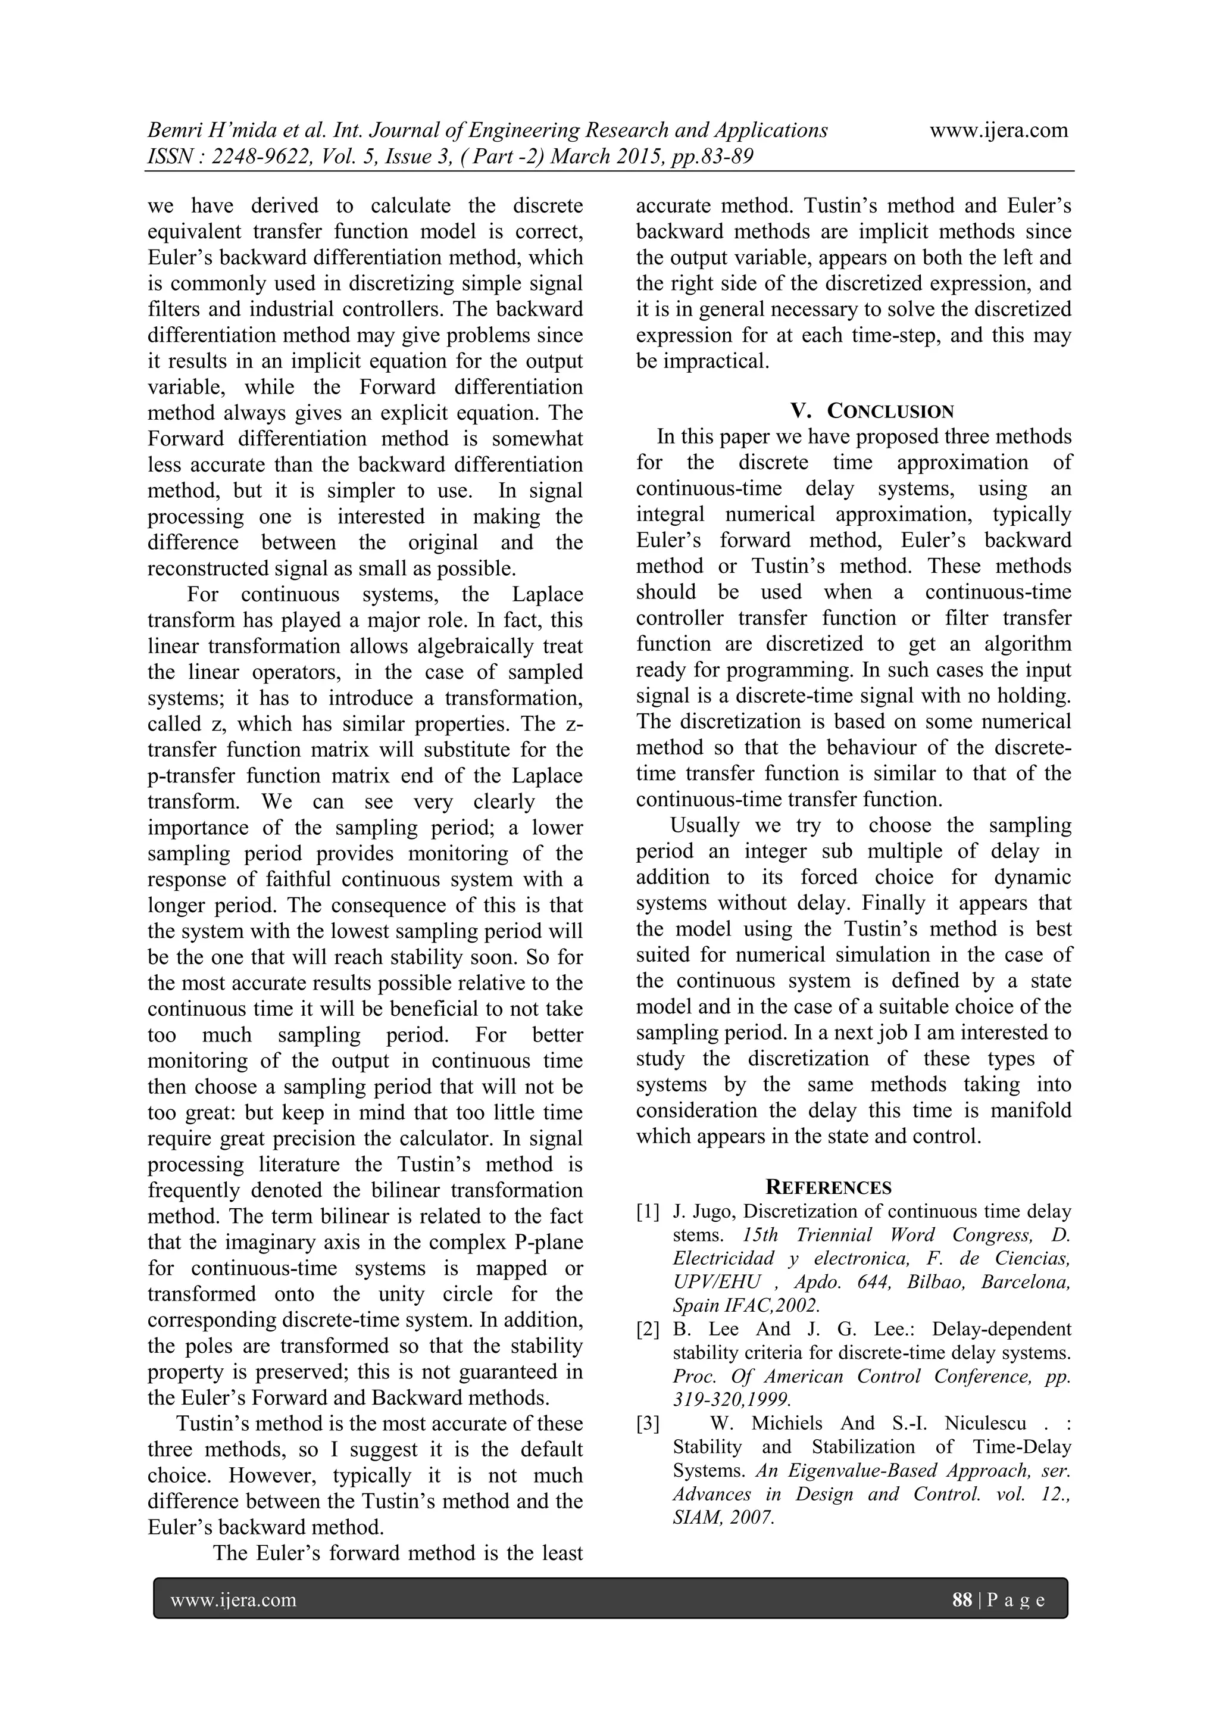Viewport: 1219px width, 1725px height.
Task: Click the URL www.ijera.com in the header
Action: click(x=998, y=131)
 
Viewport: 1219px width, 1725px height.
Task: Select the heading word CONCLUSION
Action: click(x=891, y=411)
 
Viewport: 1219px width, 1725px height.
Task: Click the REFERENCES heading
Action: click(x=829, y=1187)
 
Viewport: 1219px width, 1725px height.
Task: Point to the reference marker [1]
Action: click(x=648, y=1211)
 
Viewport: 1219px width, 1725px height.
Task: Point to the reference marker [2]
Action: click(x=648, y=1329)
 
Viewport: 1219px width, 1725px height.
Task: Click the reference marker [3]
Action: click(x=648, y=1423)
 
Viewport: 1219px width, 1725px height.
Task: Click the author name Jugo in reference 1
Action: click(x=714, y=1211)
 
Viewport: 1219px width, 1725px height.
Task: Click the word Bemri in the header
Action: click(x=173, y=131)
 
